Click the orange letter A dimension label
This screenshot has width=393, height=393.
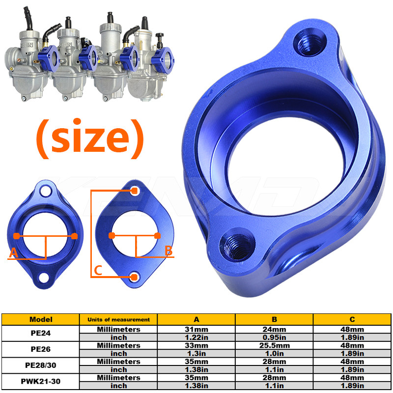click(13, 253)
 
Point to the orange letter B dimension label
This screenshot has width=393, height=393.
click(168, 251)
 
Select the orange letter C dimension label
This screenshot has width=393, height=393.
click(98, 270)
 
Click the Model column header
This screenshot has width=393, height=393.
click(41, 319)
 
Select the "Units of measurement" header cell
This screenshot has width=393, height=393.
click(118, 319)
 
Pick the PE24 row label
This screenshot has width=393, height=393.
click(41, 334)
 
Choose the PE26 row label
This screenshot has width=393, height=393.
click(41, 349)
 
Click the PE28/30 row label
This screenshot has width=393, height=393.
click(41, 365)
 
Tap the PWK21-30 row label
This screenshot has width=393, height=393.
click(41, 382)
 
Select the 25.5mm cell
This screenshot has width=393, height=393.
click(274, 345)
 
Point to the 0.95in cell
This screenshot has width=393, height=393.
click(274, 337)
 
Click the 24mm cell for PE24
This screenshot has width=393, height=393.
click(274, 329)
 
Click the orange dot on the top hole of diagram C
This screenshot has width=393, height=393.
click(134, 191)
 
